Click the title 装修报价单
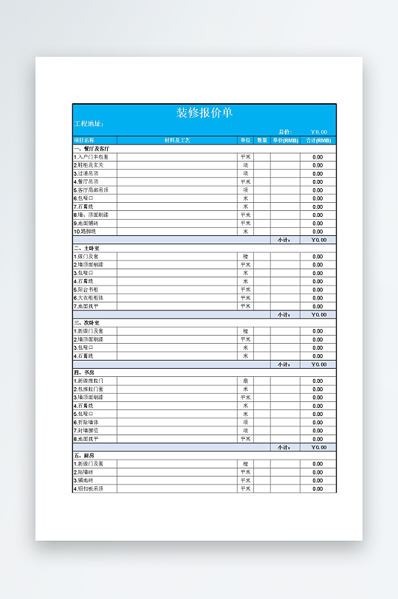coord(205,113)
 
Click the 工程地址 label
coord(89,124)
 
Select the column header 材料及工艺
coord(177,140)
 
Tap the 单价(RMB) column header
coord(285,140)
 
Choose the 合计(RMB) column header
coord(318,140)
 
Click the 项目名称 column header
coord(84,140)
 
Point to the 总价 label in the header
coord(285,132)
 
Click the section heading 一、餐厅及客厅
coord(92,148)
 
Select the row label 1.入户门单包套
coord(91,157)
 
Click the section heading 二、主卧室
coord(86,248)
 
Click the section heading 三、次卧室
coord(86,322)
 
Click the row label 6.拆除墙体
coord(86,422)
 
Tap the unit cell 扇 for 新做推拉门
coord(246,381)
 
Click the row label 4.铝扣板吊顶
coord(89,488)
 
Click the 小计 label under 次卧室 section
coord(284,364)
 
